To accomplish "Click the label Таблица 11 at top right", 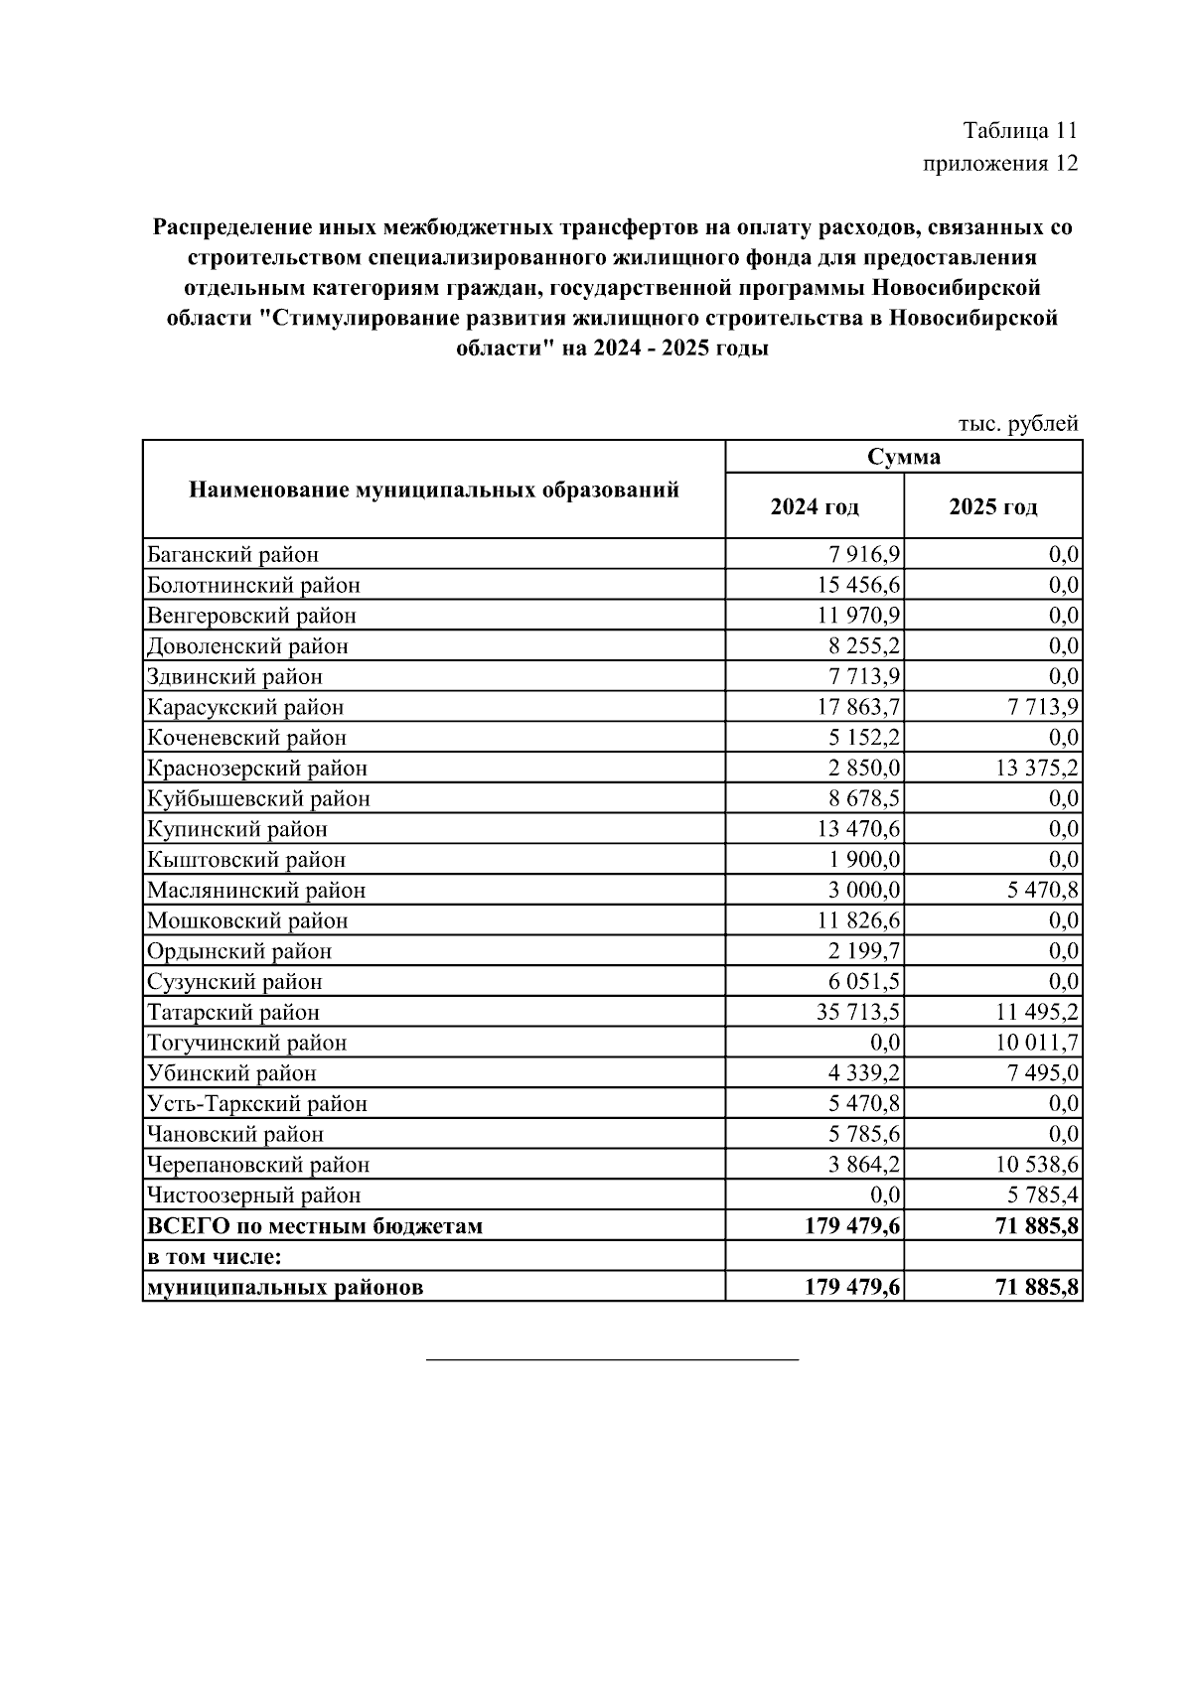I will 1019,131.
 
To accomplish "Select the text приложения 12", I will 1000,163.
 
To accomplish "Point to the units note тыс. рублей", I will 1017,424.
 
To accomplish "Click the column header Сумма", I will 903,457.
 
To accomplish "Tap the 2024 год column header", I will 815,506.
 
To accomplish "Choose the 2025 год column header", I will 992,506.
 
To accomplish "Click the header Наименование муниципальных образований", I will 434,490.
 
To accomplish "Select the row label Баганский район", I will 233,554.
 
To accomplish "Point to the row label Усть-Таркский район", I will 257,1103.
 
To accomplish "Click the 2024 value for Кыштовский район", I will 866,859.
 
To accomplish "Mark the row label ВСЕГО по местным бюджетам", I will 315,1225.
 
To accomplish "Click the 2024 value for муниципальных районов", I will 853,1287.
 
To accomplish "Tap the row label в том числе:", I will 215,1256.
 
